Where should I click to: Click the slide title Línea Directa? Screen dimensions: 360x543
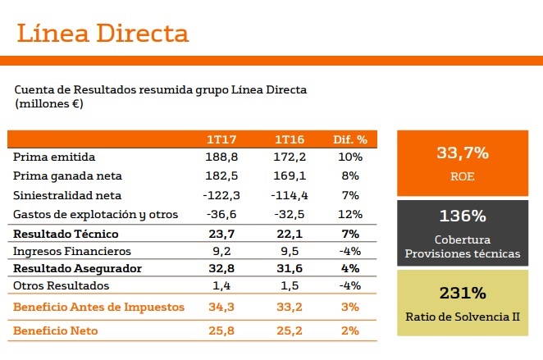click(x=103, y=34)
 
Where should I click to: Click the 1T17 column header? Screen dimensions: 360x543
click(x=221, y=139)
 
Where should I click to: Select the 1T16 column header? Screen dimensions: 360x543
click(x=290, y=139)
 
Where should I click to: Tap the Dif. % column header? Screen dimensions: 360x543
click(x=349, y=139)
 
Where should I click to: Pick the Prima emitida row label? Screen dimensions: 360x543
click(x=55, y=157)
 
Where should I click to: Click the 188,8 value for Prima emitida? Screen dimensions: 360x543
click(x=221, y=157)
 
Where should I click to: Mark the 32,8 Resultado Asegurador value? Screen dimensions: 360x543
click(x=221, y=269)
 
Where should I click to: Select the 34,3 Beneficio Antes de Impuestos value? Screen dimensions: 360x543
click(x=221, y=308)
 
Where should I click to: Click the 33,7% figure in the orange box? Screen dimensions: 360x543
click(x=463, y=153)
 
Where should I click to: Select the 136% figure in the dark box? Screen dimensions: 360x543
click(x=463, y=217)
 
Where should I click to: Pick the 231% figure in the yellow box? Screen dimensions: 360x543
click(x=463, y=293)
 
